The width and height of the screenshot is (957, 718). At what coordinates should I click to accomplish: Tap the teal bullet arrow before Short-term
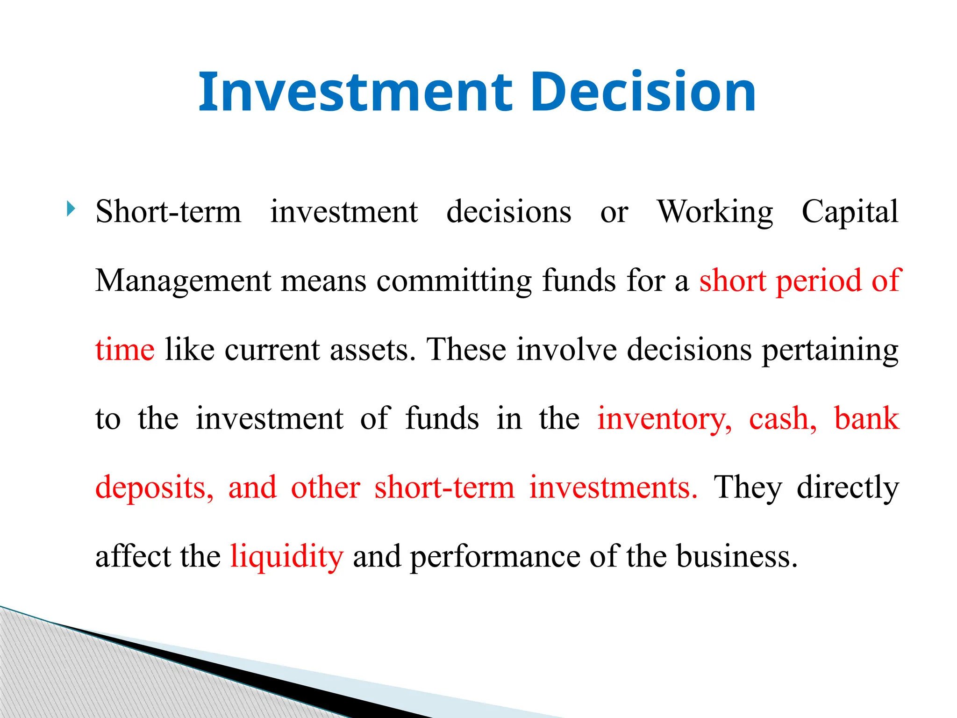point(71,208)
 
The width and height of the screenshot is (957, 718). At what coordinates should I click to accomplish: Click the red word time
point(125,350)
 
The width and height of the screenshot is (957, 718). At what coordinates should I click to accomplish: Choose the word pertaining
point(830,350)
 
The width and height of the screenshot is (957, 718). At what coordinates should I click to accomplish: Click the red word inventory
point(664,419)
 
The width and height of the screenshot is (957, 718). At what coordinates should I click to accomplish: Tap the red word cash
point(782,419)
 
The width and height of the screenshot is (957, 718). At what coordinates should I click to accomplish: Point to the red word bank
point(866,419)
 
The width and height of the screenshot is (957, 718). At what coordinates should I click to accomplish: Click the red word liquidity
point(287,557)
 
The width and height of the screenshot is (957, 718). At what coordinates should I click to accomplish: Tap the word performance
point(495,557)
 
